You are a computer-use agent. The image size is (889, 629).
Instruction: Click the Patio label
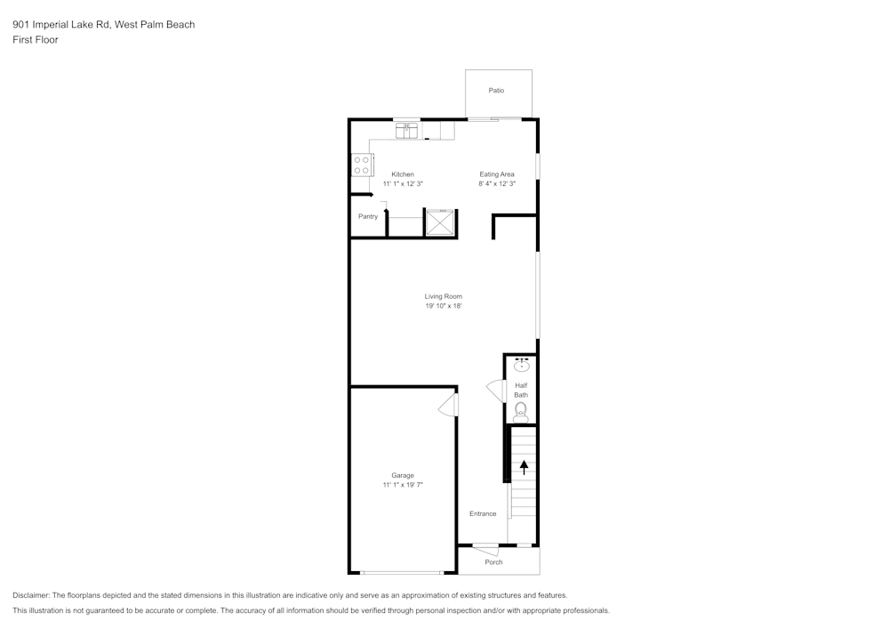pos(496,91)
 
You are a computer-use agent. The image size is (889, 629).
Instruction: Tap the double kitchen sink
pos(406,130)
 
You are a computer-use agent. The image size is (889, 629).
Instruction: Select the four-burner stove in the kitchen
pos(362,165)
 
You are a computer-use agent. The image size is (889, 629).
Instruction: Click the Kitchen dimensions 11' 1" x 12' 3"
pos(403,184)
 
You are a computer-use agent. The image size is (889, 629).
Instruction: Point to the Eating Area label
pos(497,174)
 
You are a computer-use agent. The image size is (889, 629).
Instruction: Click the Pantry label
pos(368,216)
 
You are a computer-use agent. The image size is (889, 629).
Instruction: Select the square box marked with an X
pos(440,222)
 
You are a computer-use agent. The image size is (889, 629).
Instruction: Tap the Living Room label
pos(443,296)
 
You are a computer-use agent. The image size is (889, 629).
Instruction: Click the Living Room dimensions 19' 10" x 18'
pos(443,306)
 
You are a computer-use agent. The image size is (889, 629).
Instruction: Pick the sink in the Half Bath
pos(521,365)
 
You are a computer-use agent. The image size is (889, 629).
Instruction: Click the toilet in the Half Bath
pos(521,410)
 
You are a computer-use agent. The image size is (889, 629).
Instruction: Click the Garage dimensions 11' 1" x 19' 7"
pos(403,485)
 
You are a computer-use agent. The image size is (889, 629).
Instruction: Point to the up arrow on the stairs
pos(524,466)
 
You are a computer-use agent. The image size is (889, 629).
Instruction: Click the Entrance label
pos(483,513)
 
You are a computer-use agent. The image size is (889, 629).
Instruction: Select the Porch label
pos(493,562)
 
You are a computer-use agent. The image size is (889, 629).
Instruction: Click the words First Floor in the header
pos(36,40)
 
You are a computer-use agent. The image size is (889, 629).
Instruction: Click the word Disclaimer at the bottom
pos(31,595)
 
